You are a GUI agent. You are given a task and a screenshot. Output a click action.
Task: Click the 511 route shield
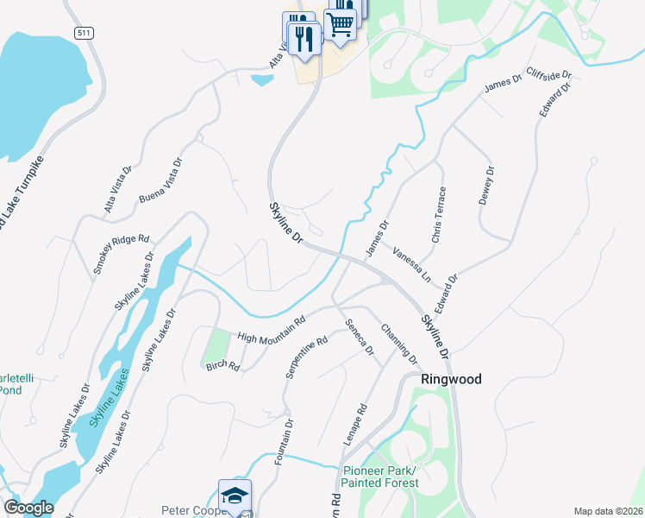click(82, 33)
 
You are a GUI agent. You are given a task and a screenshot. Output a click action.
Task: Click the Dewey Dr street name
click(488, 186)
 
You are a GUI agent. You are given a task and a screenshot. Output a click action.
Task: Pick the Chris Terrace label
click(438, 214)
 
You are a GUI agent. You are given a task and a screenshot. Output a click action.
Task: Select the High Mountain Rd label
click(272, 330)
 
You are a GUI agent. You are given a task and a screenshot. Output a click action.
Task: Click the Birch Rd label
click(222, 365)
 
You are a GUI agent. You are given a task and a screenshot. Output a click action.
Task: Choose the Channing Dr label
click(399, 344)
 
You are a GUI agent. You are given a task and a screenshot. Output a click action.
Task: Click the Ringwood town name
click(451, 379)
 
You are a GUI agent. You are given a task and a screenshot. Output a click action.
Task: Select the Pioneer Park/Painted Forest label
click(380, 477)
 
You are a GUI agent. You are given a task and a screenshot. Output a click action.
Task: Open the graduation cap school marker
click(235, 496)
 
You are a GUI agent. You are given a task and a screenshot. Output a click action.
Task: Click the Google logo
click(28, 508)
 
